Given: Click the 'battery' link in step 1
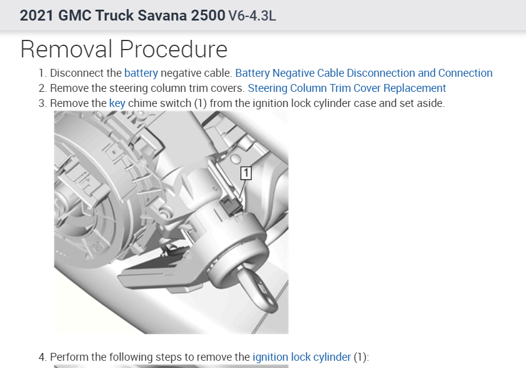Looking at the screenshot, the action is (x=141, y=73).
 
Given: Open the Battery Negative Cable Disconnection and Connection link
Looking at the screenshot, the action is (x=364, y=73).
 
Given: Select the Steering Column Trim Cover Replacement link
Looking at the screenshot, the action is (x=347, y=88).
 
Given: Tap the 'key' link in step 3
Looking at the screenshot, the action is (x=117, y=103).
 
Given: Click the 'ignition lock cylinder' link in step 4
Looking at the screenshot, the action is (x=301, y=357).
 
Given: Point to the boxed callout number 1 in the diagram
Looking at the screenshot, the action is (x=246, y=173).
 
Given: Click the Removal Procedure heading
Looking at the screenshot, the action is (x=124, y=49).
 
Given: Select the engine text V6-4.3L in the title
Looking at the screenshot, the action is (x=252, y=16).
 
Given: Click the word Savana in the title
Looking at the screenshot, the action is (x=163, y=15).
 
